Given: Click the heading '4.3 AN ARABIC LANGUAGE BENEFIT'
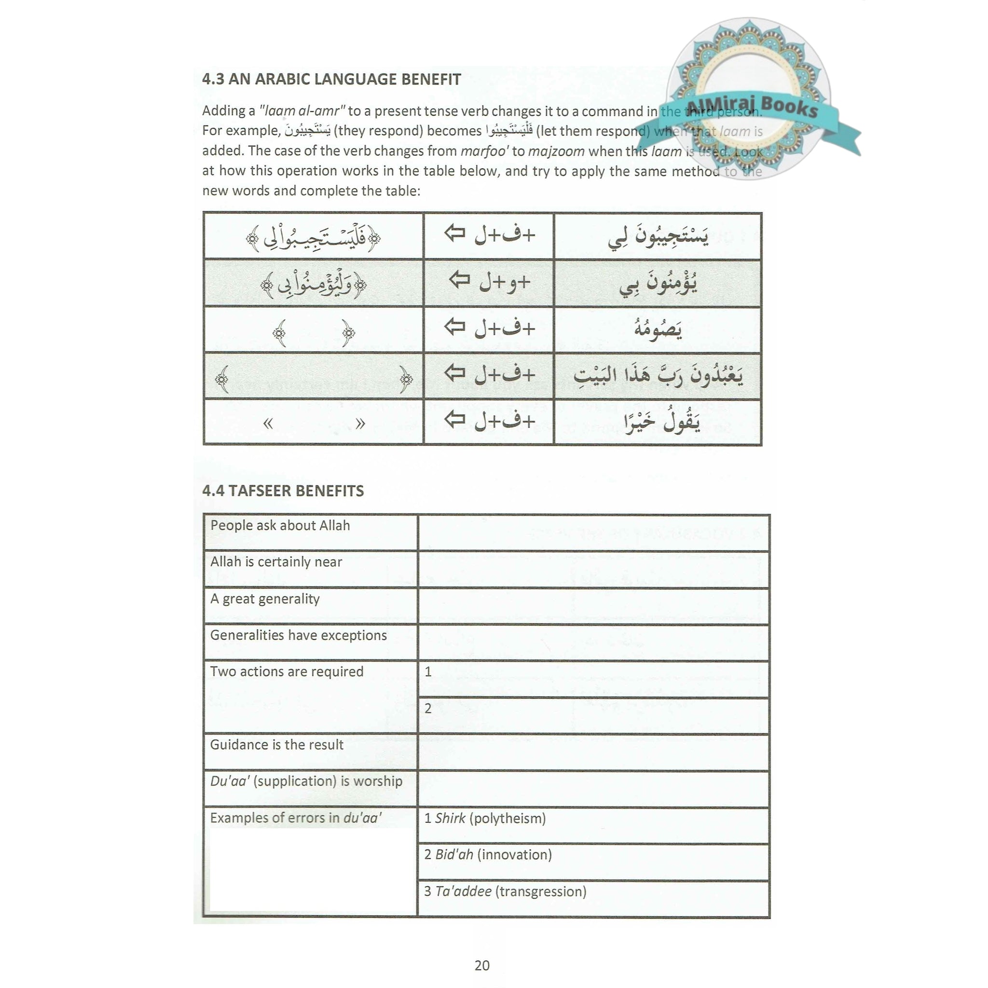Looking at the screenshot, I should tap(331, 79).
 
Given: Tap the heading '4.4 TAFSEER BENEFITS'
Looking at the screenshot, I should tap(283, 491).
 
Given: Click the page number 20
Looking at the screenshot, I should tap(482, 965).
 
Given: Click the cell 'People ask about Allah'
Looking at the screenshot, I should tap(280, 526).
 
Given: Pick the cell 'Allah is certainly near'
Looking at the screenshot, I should tap(276, 562).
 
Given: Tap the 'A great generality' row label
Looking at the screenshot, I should tap(265, 599).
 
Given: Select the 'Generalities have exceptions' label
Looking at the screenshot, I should tap(299, 635).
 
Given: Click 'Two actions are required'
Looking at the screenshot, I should tap(287, 672).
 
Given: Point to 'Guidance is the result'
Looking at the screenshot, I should tap(276, 744).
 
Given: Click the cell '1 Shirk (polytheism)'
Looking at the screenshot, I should tap(485, 818).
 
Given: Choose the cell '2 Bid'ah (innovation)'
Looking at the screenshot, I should tap(488, 854).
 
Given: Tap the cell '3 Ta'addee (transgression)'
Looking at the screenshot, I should tap(505, 892).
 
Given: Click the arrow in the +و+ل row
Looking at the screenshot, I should tap(459, 280).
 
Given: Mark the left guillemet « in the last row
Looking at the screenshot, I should tap(267, 424).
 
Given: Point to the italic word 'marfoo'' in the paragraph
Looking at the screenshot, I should tap(484, 151).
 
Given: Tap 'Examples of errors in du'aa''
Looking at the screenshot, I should tap(296, 818).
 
